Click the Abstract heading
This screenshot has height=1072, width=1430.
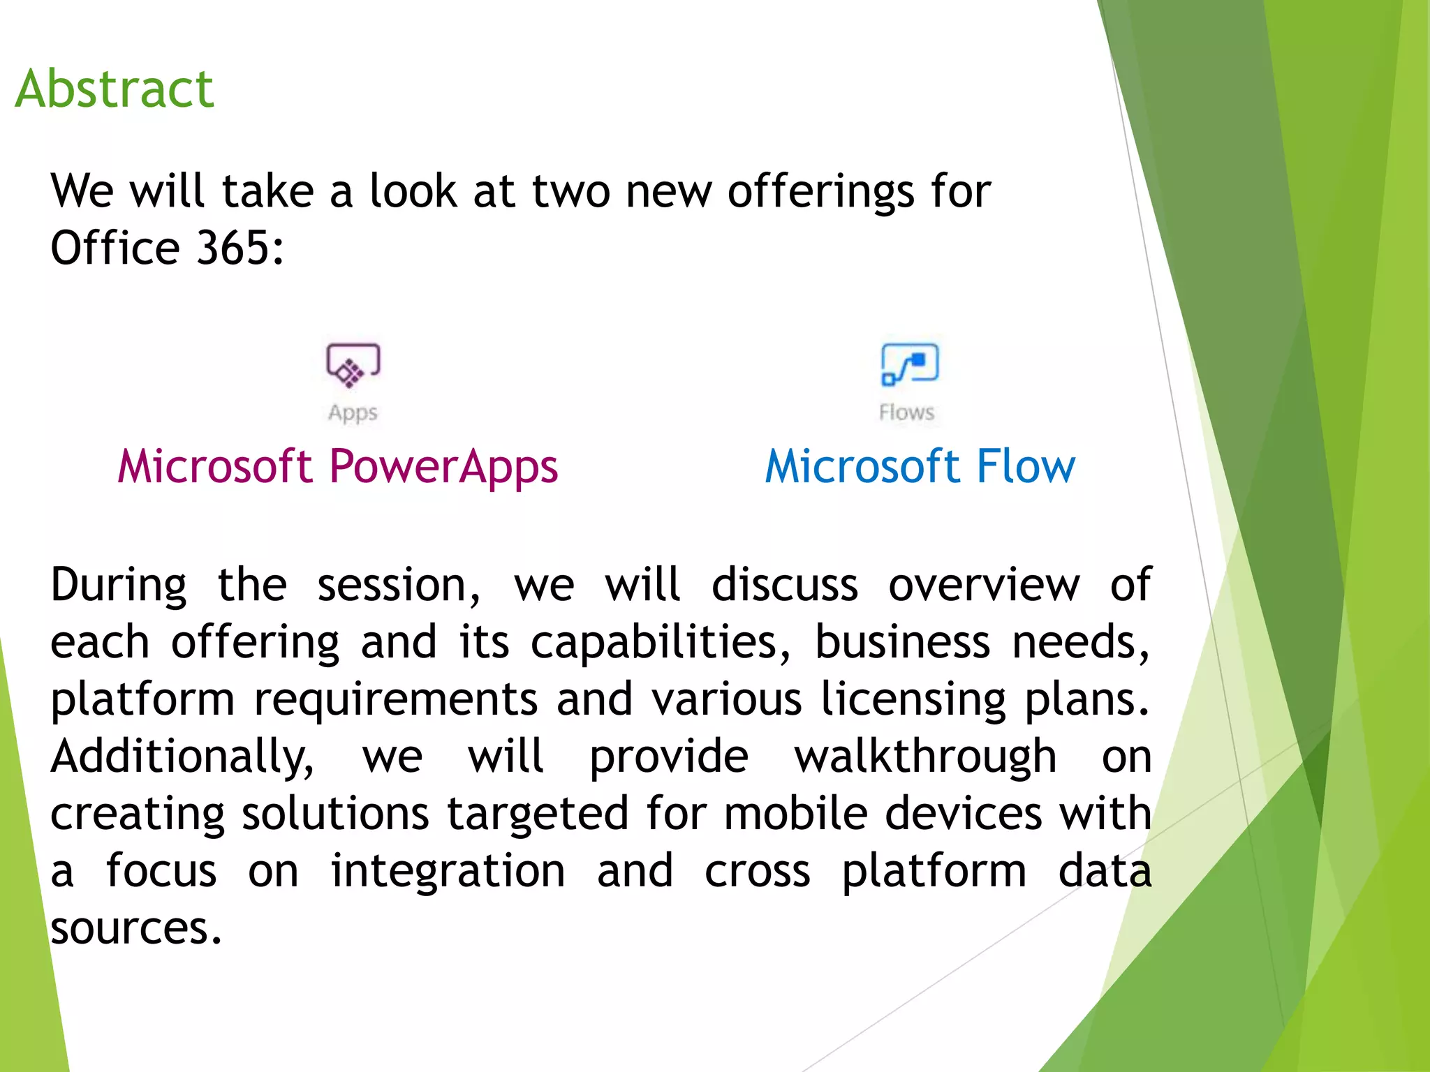point(115,89)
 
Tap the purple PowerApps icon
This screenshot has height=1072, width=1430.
point(353,364)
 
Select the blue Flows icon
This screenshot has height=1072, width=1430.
point(910,364)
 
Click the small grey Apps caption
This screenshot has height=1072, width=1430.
point(353,412)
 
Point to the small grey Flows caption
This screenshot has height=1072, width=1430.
point(906,412)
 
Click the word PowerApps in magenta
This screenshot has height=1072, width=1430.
point(443,466)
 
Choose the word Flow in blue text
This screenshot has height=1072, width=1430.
point(1026,466)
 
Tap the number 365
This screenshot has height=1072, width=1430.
point(240,248)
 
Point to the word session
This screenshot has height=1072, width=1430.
point(399,585)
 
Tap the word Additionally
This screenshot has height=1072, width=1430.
point(183,757)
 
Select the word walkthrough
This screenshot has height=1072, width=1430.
point(925,757)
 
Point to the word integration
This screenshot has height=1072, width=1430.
point(448,871)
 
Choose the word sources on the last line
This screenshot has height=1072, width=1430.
point(136,928)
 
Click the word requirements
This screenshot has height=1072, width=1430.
point(396,699)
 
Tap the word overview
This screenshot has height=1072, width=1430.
point(984,585)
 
